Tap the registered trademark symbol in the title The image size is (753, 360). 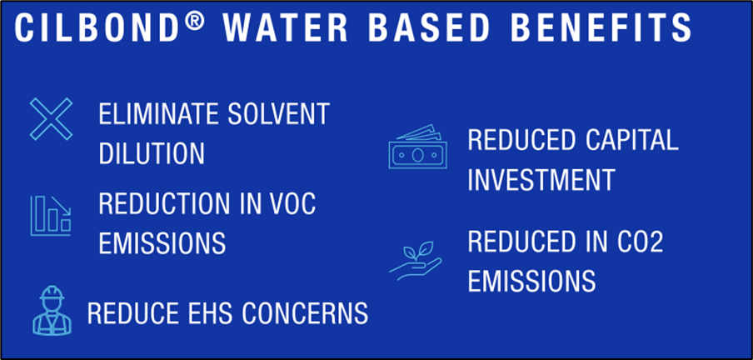pyautogui.click(x=196, y=22)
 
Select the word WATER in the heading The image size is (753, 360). pyautogui.click(x=285, y=27)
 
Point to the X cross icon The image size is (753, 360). pyautogui.click(x=51, y=118)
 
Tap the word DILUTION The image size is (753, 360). pyautogui.click(x=152, y=153)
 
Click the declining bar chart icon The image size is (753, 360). pyautogui.click(x=51, y=215)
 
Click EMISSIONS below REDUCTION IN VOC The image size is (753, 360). pyautogui.click(x=162, y=242)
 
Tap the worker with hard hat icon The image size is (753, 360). pyautogui.click(x=52, y=311)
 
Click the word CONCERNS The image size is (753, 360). pyautogui.click(x=305, y=312)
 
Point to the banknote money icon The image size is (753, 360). pyautogui.click(x=417, y=147)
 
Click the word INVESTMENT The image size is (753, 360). pyautogui.click(x=541, y=179)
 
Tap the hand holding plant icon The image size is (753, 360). pyautogui.click(x=416, y=261)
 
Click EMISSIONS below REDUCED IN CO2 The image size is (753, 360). pyautogui.click(x=531, y=281)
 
